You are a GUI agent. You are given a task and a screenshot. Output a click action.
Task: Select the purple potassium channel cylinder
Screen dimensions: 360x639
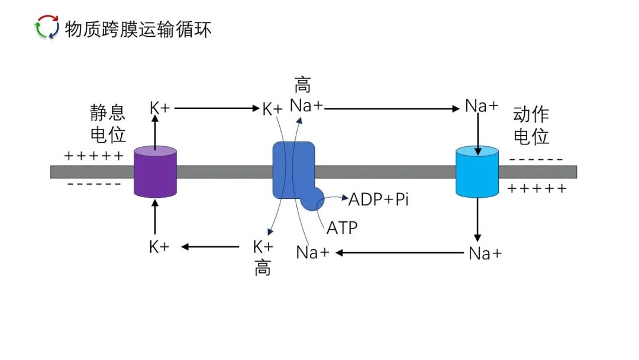(155, 172)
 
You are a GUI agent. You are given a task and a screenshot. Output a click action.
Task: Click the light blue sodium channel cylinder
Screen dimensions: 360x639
(477, 172)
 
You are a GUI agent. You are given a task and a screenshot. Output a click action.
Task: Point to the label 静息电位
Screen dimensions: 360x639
(108, 124)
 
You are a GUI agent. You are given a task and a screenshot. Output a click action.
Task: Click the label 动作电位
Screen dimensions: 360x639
(531, 125)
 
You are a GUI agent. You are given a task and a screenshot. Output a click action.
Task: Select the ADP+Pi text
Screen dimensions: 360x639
(379, 200)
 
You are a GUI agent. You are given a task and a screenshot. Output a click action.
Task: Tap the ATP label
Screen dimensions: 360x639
(342, 227)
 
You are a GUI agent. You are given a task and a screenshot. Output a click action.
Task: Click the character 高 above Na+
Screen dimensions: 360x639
(302, 85)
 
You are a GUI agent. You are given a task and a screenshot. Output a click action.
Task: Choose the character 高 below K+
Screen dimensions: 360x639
(263, 268)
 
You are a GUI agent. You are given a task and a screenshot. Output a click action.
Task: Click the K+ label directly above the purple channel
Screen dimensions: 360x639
(160, 108)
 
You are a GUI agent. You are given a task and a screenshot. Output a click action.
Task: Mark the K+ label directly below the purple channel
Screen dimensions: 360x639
(159, 247)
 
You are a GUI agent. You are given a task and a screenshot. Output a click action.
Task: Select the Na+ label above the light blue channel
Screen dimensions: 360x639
(482, 107)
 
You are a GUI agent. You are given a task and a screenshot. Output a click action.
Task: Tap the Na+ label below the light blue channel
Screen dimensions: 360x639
(485, 253)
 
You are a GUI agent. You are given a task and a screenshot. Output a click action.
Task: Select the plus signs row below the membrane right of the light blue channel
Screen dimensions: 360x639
(537, 189)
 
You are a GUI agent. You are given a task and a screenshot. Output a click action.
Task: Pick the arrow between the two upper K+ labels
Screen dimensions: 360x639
(217, 108)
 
